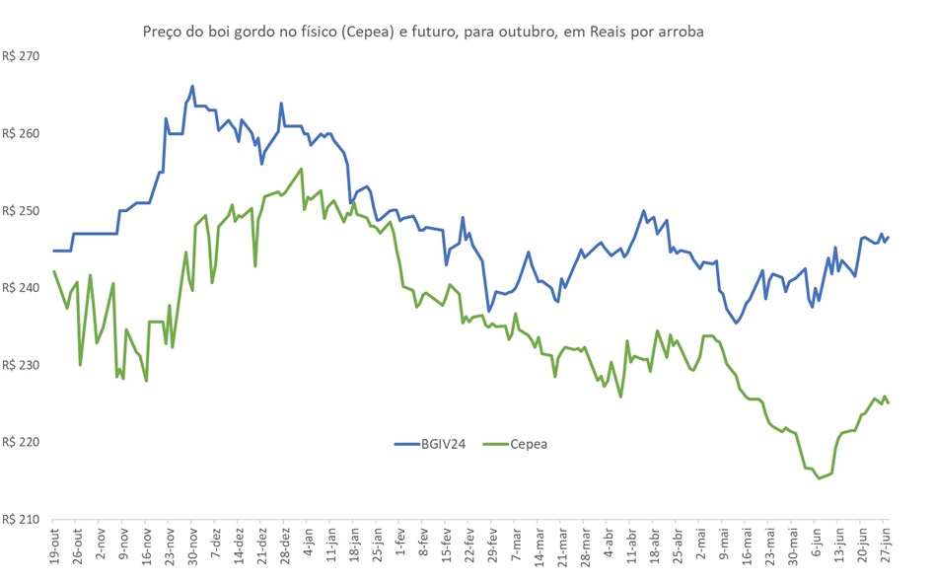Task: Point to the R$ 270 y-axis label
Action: coord(21,56)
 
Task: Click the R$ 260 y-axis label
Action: coord(21,133)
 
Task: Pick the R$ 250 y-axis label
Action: coord(21,211)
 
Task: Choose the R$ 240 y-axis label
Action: coord(21,288)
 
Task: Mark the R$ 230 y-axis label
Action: coord(21,365)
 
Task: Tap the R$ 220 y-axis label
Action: coord(21,442)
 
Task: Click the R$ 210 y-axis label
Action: coord(21,519)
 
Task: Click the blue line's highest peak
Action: coord(192,86)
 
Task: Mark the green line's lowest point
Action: coord(819,478)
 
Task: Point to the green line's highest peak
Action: coord(301,169)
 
